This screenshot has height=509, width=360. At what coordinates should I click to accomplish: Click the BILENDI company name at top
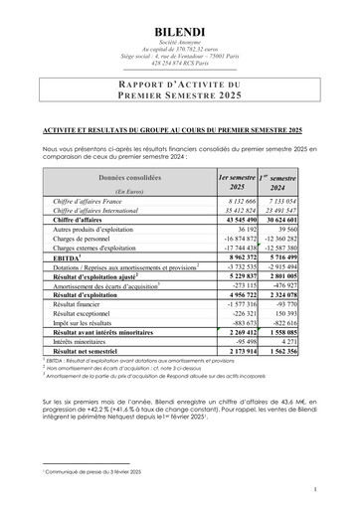pyautogui.click(x=180, y=20)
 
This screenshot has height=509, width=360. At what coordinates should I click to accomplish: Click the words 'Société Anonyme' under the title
pyautogui.click(x=180, y=34)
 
